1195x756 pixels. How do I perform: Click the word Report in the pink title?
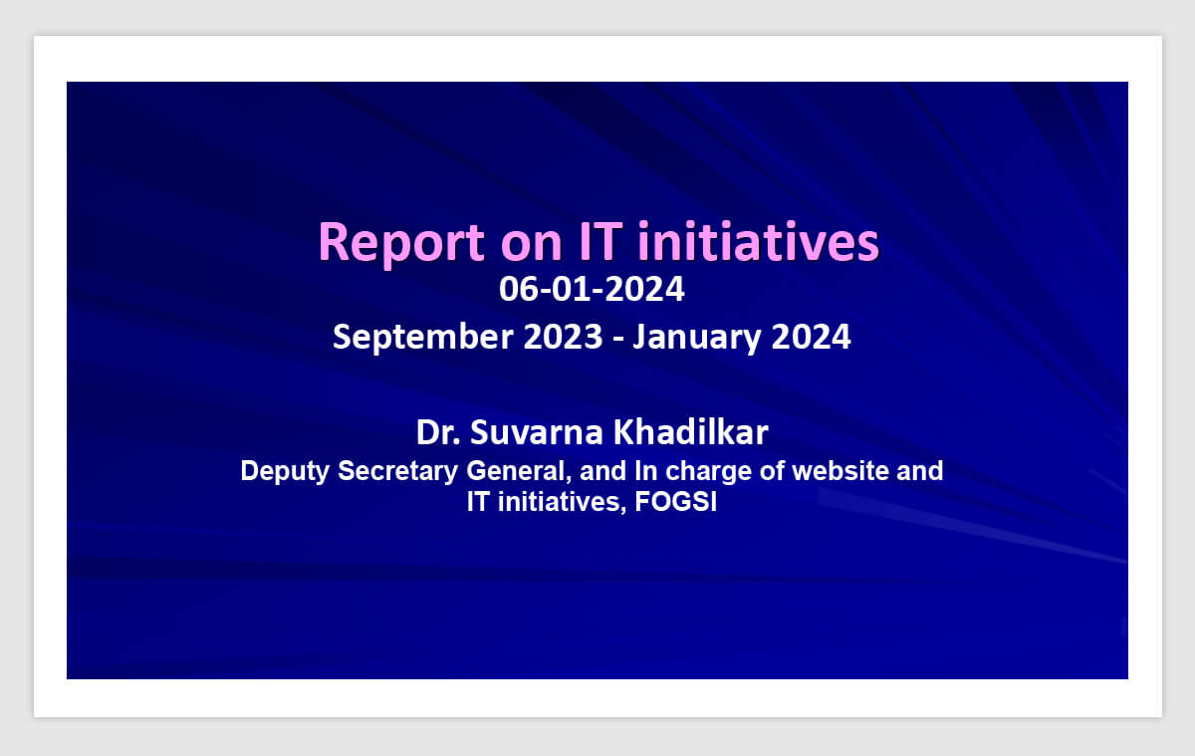[x=401, y=243]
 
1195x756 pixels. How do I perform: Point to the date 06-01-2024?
[x=592, y=289]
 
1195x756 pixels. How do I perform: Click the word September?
[x=422, y=338]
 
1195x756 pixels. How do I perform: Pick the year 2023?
[x=563, y=337]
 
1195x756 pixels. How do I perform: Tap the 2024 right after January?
[x=811, y=337]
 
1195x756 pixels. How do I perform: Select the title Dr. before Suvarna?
[x=438, y=432]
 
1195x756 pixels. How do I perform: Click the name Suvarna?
[x=536, y=432]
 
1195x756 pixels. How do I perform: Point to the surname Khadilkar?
[x=691, y=431]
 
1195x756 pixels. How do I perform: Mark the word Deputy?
[x=285, y=472]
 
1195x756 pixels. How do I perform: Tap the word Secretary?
[x=397, y=472]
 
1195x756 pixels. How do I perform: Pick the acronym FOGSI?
[x=676, y=502]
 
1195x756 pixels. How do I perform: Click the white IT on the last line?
[x=478, y=502]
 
